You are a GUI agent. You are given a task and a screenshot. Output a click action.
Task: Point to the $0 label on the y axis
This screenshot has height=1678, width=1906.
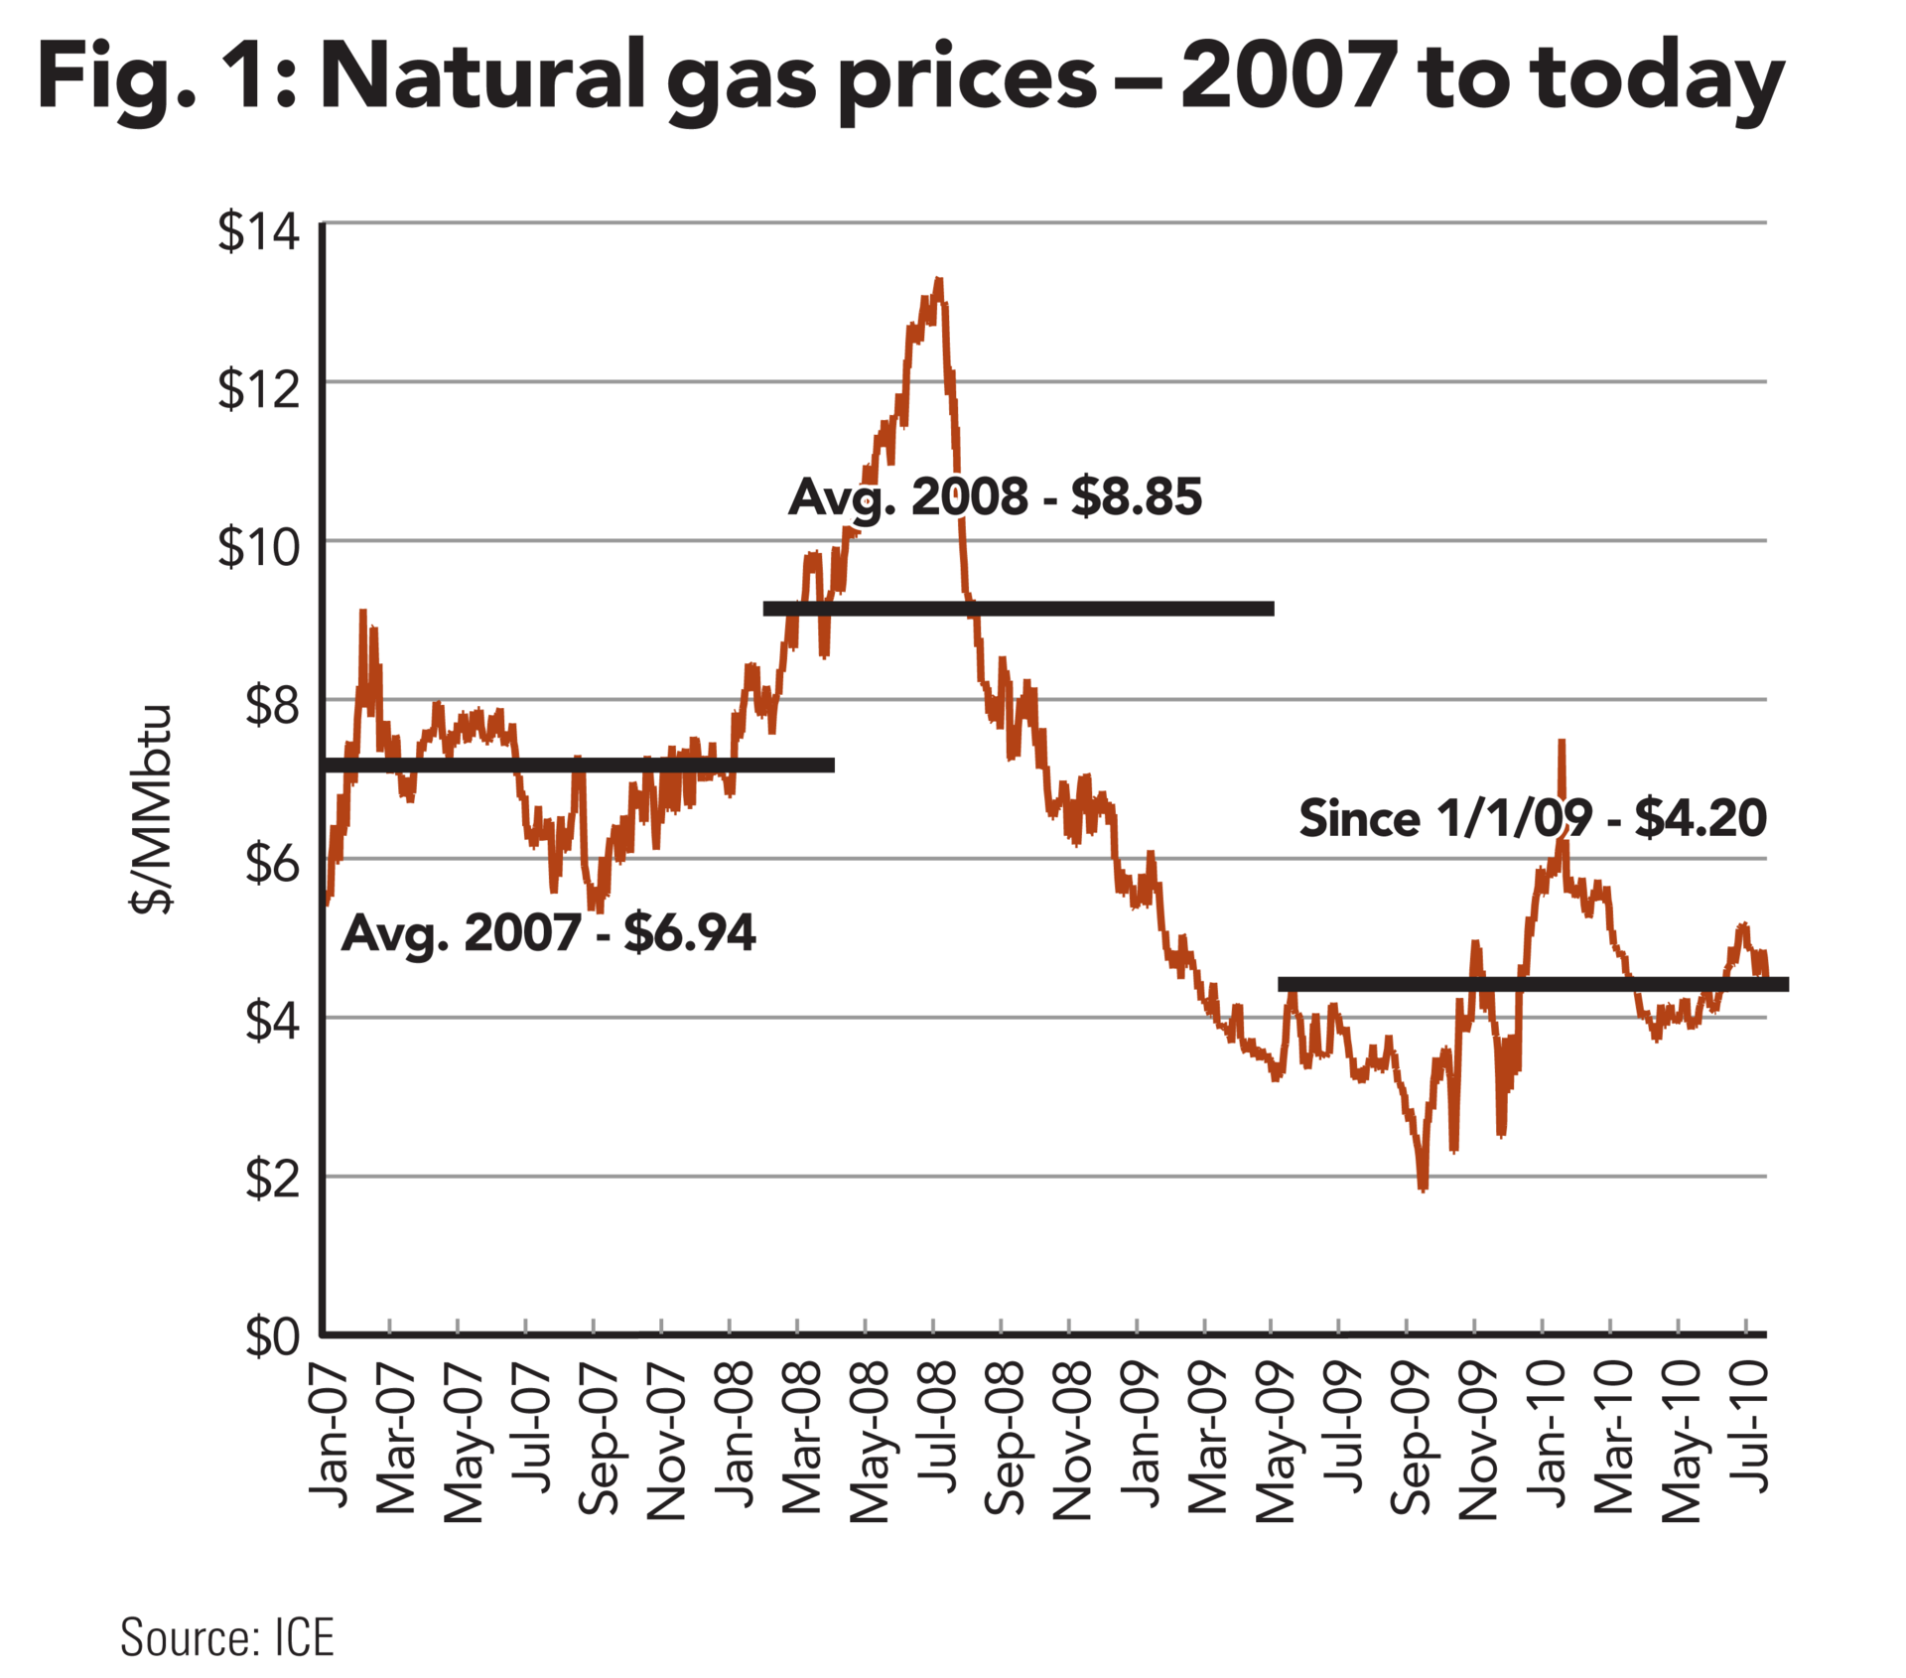tap(272, 1336)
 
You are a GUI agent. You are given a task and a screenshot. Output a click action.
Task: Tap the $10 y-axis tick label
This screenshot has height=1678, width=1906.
tap(258, 546)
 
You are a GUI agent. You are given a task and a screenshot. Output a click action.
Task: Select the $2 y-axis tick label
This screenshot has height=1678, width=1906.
tap(272, 1179)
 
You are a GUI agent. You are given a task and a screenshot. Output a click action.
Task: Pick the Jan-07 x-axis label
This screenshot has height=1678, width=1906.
tap(329, 1436)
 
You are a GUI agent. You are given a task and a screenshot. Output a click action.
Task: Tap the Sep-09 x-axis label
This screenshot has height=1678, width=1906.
tap(1410, 1438)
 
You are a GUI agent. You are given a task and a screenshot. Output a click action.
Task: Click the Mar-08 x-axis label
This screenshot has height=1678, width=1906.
tap(802, 1436)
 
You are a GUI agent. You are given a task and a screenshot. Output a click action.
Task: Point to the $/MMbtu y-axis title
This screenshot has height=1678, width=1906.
tap(152, 808)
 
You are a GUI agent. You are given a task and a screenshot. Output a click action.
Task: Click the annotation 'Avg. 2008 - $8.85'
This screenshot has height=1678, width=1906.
tap(995, 496)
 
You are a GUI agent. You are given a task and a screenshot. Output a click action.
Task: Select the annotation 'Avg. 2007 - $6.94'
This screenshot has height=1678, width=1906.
tap(548, 932)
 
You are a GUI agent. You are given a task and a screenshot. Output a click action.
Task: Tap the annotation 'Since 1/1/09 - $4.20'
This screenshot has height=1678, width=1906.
tap(1533, 818)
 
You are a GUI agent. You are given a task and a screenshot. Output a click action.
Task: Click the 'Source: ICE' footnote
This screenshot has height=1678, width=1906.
tap(227, 1636)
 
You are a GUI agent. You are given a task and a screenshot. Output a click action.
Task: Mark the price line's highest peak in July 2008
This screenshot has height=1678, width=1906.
tap(938, 281)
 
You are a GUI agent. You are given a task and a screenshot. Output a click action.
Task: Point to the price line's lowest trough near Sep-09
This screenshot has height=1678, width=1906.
tap(1424, 1188)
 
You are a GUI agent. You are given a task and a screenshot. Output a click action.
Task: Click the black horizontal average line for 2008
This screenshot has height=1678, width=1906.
tap(1019, 608)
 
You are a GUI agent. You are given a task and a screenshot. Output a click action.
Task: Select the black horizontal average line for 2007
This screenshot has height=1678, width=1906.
tap(582, 765)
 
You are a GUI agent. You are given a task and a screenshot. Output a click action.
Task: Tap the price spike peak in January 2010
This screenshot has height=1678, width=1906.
tap(1563, 741)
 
